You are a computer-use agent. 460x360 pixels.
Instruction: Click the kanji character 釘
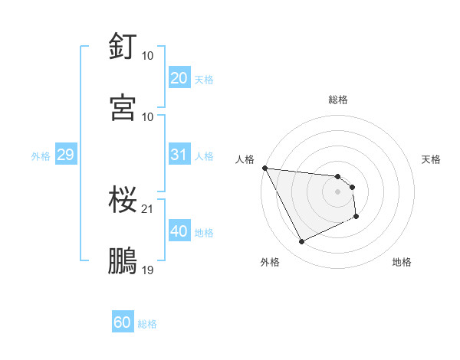point(123,46)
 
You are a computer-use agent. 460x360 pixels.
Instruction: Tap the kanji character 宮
point(123,106)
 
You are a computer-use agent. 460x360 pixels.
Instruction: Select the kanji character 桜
point(123,200)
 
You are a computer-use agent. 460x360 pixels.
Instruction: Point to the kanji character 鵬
point(123,260)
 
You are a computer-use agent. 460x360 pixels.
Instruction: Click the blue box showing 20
point(179,78)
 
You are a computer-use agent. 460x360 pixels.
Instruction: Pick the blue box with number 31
point(179,155)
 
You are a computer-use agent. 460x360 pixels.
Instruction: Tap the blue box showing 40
point(179,231)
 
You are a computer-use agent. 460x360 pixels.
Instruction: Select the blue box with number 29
point(65,155)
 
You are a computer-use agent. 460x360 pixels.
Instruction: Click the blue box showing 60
point(123,322)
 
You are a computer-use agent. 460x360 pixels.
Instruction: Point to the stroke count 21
point(148,208)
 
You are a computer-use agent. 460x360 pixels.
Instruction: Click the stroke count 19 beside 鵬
point(148,270)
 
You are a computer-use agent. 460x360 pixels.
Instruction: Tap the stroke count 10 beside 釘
point(148,56)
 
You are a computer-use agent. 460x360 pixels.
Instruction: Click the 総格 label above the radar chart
point(338,100)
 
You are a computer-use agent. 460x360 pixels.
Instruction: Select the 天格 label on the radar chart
point(431,159)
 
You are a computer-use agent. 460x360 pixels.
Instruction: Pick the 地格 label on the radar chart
point(402,262)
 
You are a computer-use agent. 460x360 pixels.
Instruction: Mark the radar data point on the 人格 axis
point(264,168)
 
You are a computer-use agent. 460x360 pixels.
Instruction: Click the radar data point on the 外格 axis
point(301,242)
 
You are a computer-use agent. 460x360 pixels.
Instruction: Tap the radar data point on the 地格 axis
point(356,217)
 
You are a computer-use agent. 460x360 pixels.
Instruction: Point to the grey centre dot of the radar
point(338,191)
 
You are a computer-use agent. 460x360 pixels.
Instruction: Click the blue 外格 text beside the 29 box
point(41,155)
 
